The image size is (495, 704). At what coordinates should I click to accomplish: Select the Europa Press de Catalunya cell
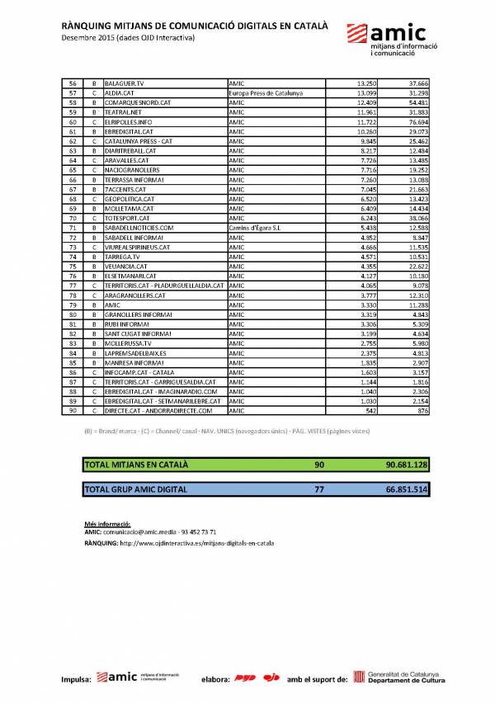pos(266,93)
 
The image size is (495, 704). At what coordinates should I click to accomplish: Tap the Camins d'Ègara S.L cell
pos(257,227)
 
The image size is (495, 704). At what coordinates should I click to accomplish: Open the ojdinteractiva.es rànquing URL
pos(197,544)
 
